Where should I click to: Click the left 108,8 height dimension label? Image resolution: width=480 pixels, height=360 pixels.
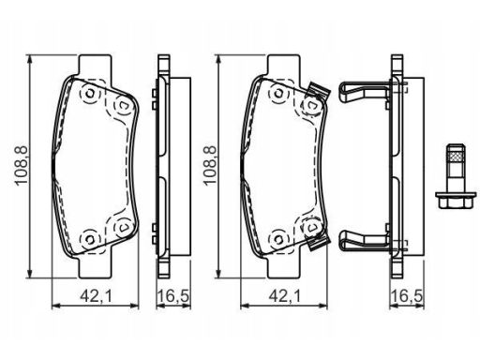[x=22, y=166]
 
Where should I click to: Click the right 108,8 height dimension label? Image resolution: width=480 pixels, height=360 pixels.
[x=210, y=166]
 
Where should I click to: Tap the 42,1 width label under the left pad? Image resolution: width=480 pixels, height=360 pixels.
[x=96, y=295]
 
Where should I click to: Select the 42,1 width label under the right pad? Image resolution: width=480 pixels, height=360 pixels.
[x=284, y=295]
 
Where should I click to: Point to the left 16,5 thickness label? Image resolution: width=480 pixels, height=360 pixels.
[x=172, y=295]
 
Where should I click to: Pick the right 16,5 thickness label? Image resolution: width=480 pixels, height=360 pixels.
[x=407, y=295]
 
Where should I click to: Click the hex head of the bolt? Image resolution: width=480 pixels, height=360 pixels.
[x=456, y=201]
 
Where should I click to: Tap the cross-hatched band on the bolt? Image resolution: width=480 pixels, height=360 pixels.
[x=456, y=156]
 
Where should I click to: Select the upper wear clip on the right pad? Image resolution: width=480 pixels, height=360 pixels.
[x=318, y=91]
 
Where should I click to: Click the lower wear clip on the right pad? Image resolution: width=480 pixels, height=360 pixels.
[x=318, y=241]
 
